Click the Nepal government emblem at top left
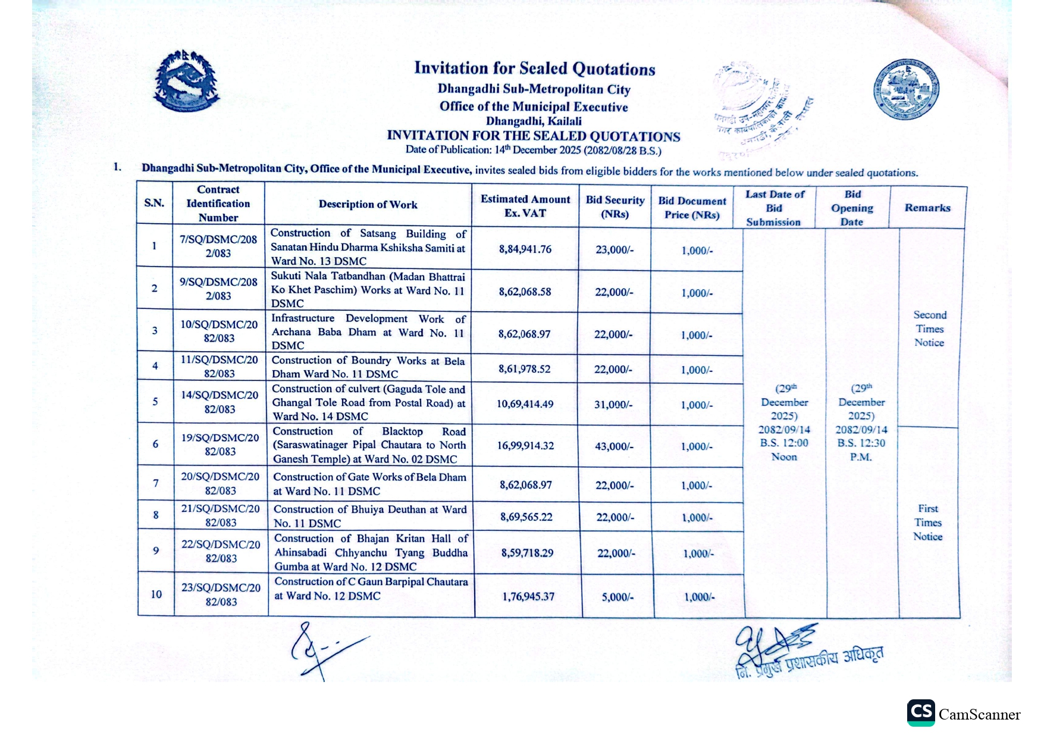click(x=186, y=81)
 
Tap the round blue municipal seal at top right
click(x=906, y=89)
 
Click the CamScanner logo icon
click(x=921, y=712)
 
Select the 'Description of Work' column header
click(x=368, y=204)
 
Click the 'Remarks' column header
click(x=927, y=208)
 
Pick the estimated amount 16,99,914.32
click(x=525, y=445)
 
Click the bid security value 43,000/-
click(x=614, y=446)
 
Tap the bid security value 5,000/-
click(x=617, y=596)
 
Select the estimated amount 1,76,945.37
click(x=528, y=596)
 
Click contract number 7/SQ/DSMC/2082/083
click(x=218, y=246)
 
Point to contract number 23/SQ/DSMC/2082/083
click(x=221, y=594)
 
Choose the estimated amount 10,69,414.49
click(x=525, y=404)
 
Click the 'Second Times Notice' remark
click(x=930, y=329)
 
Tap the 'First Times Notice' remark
click(x=928, y=523)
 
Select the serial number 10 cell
click(x=156, y=594)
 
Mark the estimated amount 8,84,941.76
click(x=525, y=249)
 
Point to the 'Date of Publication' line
click(x=533, y=150)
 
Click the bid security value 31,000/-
click(x=614, y=404)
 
